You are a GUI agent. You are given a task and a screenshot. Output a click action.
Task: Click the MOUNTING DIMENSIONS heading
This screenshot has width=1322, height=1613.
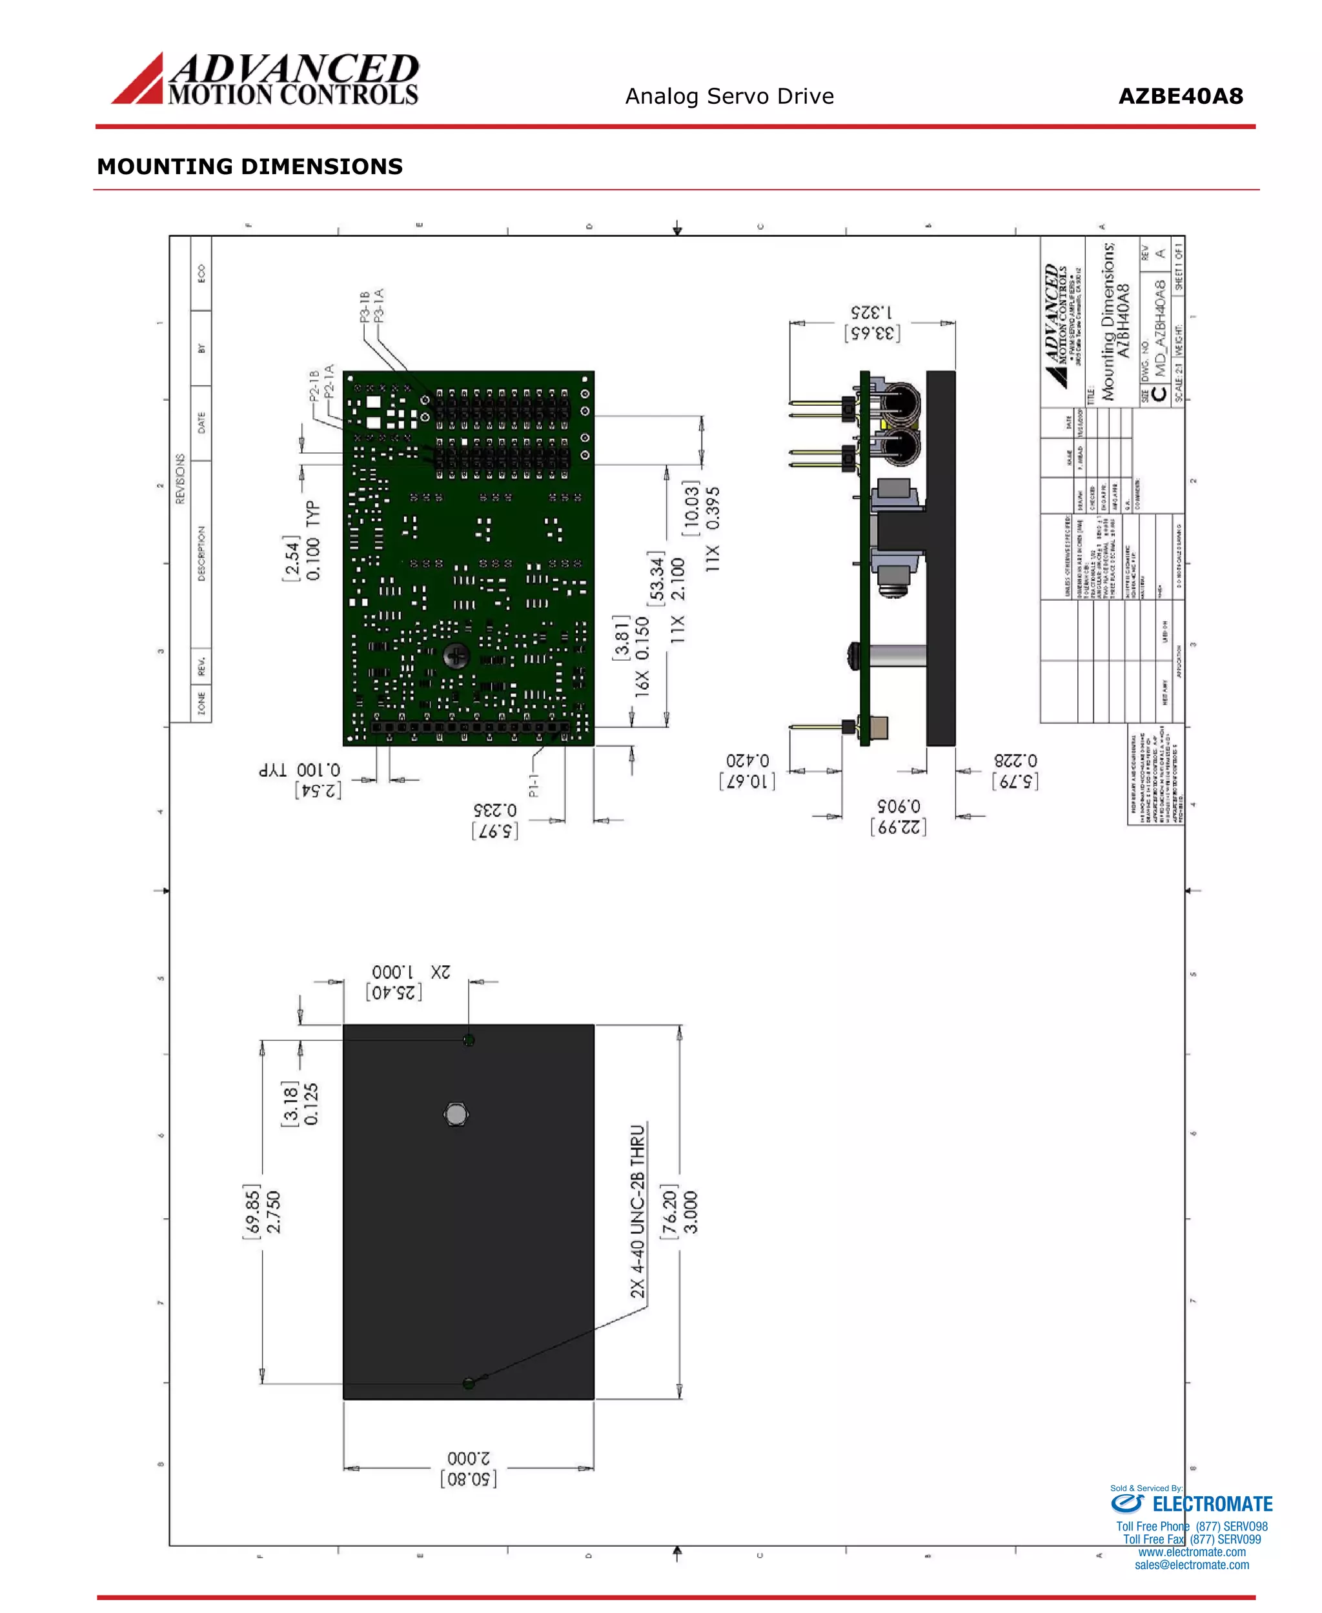click(250, 166)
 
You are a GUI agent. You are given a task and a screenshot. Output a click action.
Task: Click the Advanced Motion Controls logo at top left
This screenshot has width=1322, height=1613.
click(265, 79)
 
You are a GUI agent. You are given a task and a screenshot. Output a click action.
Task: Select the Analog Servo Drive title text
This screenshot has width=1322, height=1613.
click(729, 97)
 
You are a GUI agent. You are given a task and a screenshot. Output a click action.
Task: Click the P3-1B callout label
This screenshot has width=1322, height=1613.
click(365, 305)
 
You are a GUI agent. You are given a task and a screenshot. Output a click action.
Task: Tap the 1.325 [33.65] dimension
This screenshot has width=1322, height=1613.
click(872, 323)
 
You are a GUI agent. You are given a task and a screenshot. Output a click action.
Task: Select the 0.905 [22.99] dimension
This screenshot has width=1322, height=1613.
click(899, 817)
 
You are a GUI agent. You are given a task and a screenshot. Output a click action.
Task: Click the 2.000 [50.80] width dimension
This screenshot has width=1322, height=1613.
click(469, 1468)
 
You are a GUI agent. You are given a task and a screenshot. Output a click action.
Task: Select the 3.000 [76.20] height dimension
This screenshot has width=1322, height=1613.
click(679, 1211)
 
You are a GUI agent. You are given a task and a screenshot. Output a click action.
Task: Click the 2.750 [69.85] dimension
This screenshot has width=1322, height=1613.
click(262, 1211)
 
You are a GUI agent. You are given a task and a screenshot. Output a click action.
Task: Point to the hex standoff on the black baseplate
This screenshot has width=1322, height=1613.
click(456, 1114)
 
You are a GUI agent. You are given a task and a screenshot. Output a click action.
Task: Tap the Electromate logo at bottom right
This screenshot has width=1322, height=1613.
click(1191, 1503)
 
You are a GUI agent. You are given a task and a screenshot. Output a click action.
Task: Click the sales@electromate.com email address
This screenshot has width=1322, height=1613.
click(1191, 1565)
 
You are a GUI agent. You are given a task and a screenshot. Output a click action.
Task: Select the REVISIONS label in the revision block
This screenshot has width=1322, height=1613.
click(181, 479)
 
